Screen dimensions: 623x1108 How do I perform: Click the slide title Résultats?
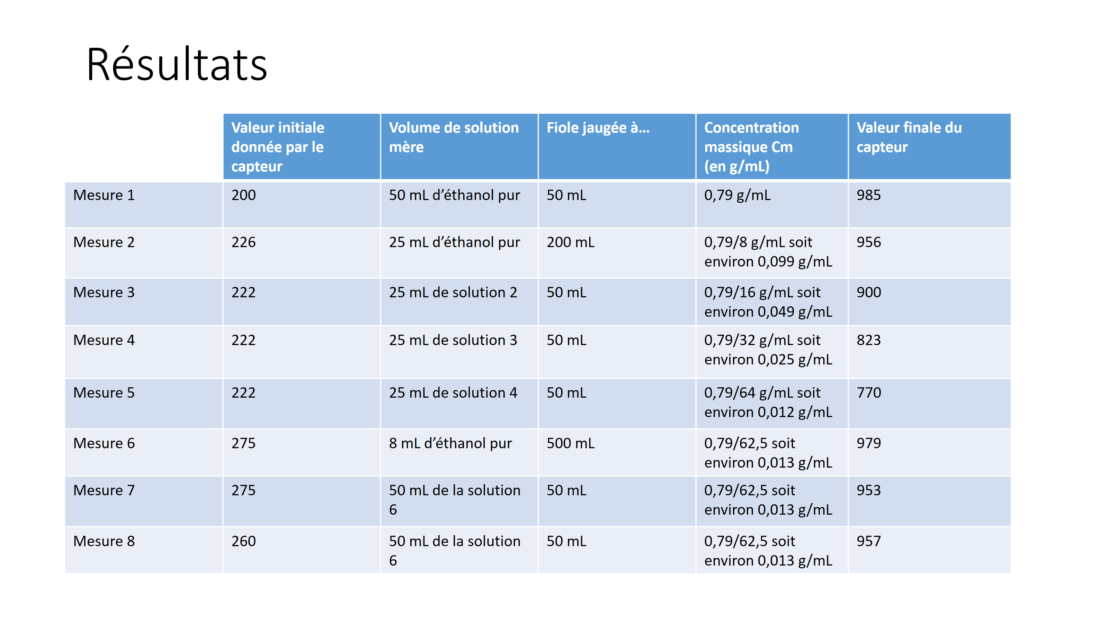177,64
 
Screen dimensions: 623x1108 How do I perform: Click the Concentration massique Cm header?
751,147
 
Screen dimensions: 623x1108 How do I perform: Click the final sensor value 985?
868,195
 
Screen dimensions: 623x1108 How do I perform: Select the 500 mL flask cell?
570,443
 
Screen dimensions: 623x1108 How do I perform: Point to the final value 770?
868,393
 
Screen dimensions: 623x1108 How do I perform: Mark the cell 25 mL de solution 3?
453,341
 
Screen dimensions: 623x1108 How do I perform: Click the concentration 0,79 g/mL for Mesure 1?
737,195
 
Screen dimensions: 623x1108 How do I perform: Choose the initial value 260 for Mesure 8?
243,541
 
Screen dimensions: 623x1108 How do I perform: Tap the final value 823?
868,341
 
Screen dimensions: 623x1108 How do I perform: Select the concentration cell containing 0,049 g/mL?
768,302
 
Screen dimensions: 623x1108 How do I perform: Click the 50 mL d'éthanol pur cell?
454,195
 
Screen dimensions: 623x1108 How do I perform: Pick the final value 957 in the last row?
868,541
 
